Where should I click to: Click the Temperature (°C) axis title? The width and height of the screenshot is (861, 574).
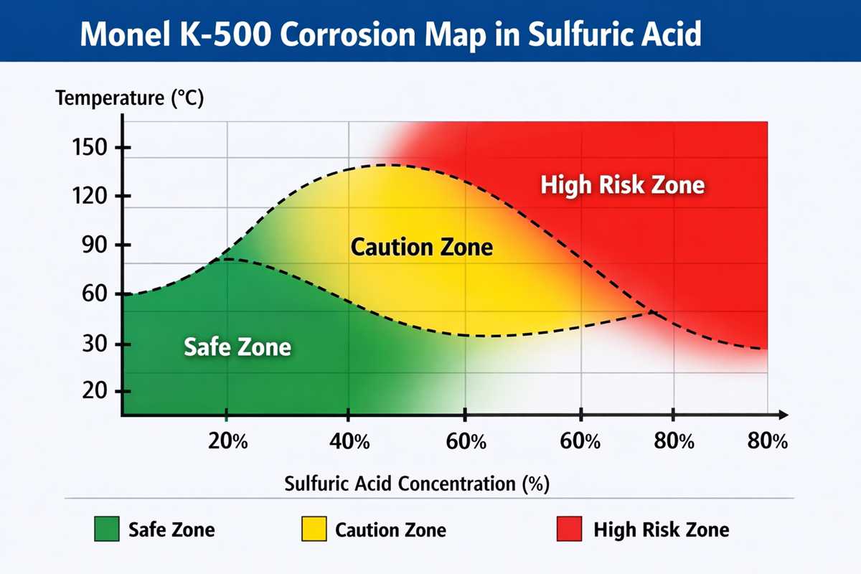point(130,98)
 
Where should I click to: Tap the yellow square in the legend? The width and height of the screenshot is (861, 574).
point(314,530)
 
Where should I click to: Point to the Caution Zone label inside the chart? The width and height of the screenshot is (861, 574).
point(422,248)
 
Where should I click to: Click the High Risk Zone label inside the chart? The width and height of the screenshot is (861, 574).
point(622,186)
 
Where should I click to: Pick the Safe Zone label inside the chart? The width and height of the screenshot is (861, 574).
point(237,347)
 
